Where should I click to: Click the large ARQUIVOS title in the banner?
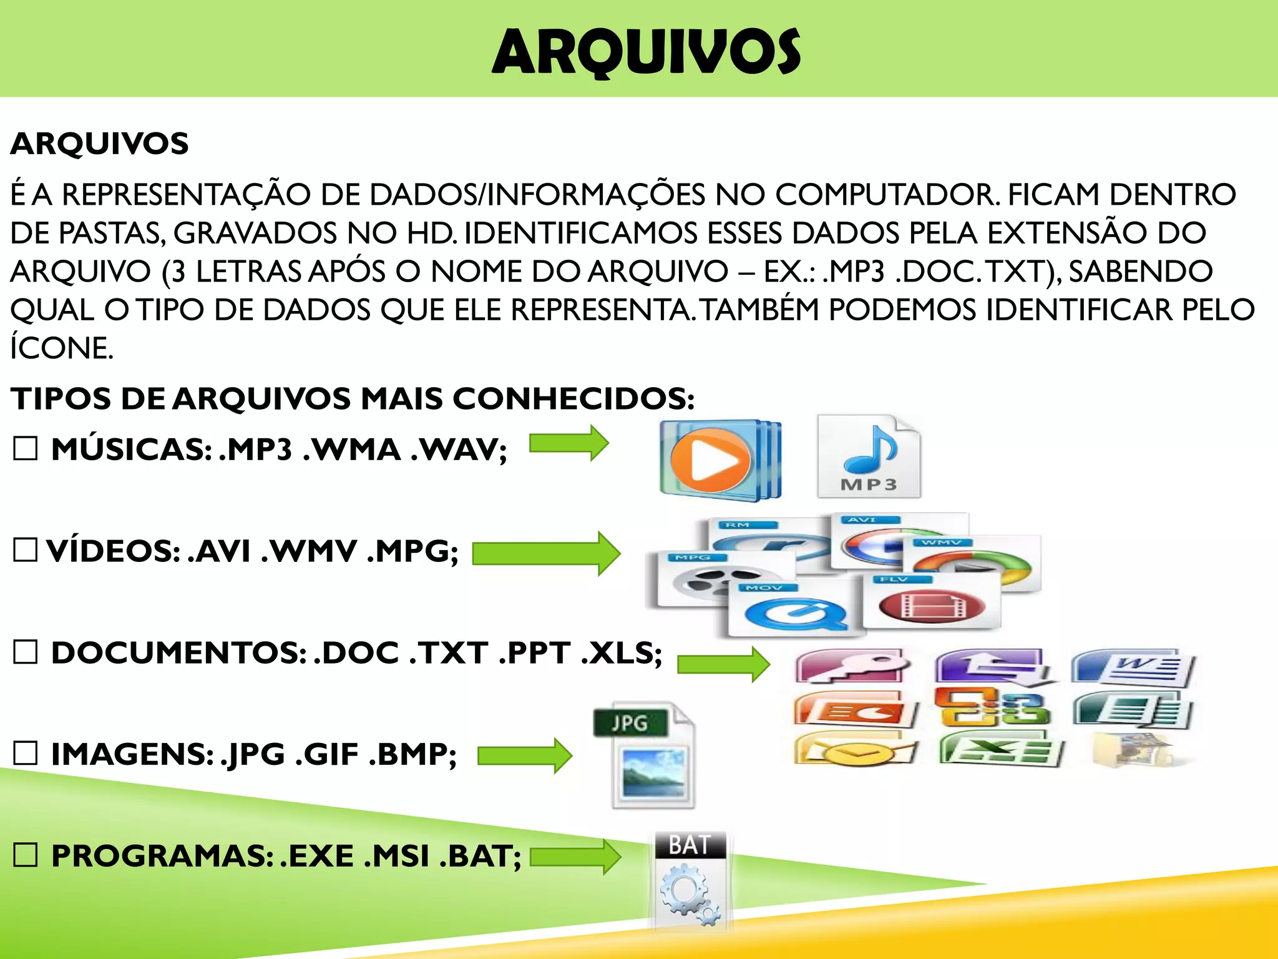pos(646,52)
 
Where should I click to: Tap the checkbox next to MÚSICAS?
pos(26,448)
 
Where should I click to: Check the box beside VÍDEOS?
pos(26,550)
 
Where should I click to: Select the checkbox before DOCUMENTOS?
pos(26,652)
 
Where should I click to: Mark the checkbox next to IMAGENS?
pos(26,754)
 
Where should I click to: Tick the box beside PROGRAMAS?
pos(26,855)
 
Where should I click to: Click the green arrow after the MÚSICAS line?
pos(568,444)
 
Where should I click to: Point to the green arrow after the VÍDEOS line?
pos(546,553)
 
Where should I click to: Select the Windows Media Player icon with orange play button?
pos(719,461)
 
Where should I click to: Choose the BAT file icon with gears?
pos(690,881)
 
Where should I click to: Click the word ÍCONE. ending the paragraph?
pos(61,348)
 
